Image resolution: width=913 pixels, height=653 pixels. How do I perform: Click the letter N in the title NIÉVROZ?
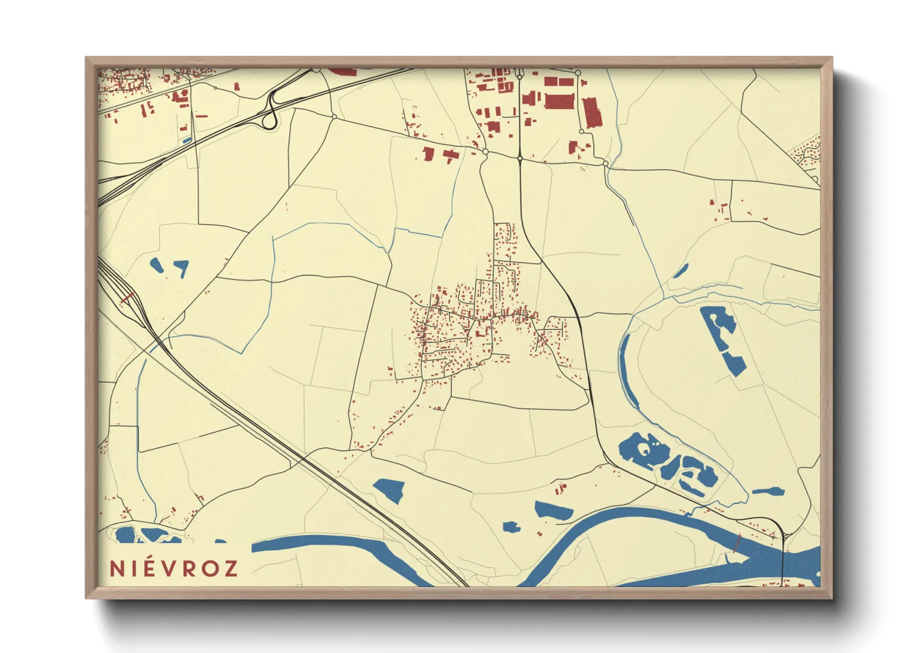[117, 568]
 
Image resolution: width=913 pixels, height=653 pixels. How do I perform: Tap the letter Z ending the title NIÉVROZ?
[231, 568]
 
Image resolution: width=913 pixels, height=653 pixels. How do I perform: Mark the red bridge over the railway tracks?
[126, 298]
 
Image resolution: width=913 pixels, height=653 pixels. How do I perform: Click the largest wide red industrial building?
[559, 101]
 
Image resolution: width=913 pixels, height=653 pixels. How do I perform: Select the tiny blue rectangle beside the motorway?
[187, 140]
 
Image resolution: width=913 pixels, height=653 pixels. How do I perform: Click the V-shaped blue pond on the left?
[181, 267]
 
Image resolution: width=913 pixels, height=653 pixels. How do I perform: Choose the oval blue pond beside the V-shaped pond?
[157, 265]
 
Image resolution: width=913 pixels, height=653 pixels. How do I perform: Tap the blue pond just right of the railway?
[389, 490]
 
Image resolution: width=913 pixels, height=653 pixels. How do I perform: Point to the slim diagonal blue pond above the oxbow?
[681, 270]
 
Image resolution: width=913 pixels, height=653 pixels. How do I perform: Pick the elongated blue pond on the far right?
[769, 492]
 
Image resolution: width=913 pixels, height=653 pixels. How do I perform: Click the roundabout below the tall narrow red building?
[606, 164]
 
